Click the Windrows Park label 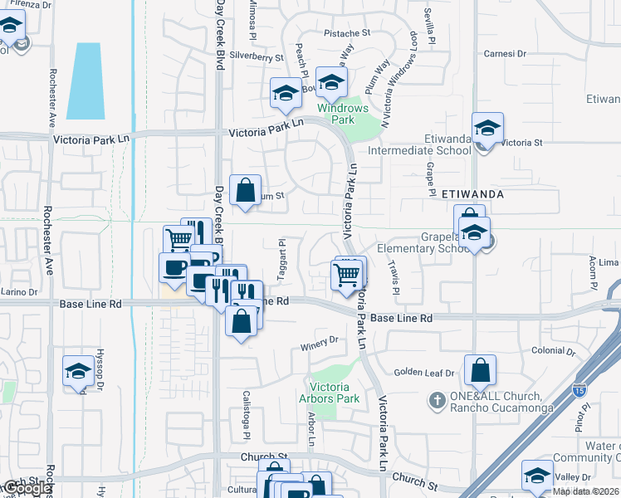point(342,114)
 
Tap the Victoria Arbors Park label point(335,393)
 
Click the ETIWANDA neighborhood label point(474,193)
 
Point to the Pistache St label point(347,34)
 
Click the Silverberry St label point(257,57)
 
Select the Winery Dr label point(322,340)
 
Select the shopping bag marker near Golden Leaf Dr point(481,371)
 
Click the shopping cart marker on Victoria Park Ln point(348,276)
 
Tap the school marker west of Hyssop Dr point(78,371)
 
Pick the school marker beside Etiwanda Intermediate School point(487,129)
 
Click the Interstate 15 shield point(578,388)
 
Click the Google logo point(26,489)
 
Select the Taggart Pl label point(282,251)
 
